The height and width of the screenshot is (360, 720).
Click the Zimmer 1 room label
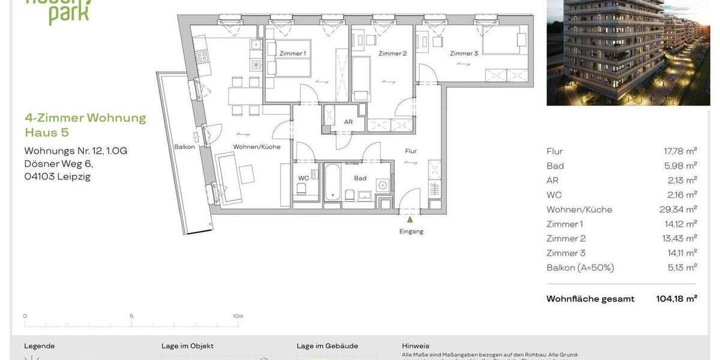pyautogui.click(x=292, y=53)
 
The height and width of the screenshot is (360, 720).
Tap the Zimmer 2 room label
pyautogui.click(x=392, y=53)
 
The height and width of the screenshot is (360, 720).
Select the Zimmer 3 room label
pyautogui.click(x=464, y=53)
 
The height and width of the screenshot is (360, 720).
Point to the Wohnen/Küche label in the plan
pyautogui.click(x=257, y=146)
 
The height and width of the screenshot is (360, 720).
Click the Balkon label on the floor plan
pyautogui.click(x=184, y=146)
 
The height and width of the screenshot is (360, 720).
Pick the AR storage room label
pyautogui.click(x=348, y=122)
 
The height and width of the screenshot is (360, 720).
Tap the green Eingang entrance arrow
pyautogui.click(x=410, y=220)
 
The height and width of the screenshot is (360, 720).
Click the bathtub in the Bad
pyautogui.click(x=332, y=183)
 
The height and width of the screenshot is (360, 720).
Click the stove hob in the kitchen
pyautogui.click(x=202, y=56)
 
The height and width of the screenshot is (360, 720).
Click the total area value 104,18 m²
pyautogui.click(x=676, y=299)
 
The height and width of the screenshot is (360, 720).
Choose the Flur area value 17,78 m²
pyautogui.click(x=680, y=151)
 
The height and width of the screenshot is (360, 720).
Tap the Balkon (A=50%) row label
pyautogui.click(x=580, y=268)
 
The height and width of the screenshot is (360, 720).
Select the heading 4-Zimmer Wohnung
pyautogui.click(x=85, y=118)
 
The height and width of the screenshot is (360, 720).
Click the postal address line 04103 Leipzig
pyautogui.click(x=57, y=176)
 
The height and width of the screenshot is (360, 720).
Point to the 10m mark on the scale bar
pyautogui.click(x=238, y=316)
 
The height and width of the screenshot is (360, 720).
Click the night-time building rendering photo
pyautogui.click(x=628, y=52)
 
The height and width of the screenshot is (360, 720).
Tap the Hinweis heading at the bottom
pyautogui.click(x=415, y=346)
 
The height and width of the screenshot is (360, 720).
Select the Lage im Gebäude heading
pyautogui.click(x=327, y=346)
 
